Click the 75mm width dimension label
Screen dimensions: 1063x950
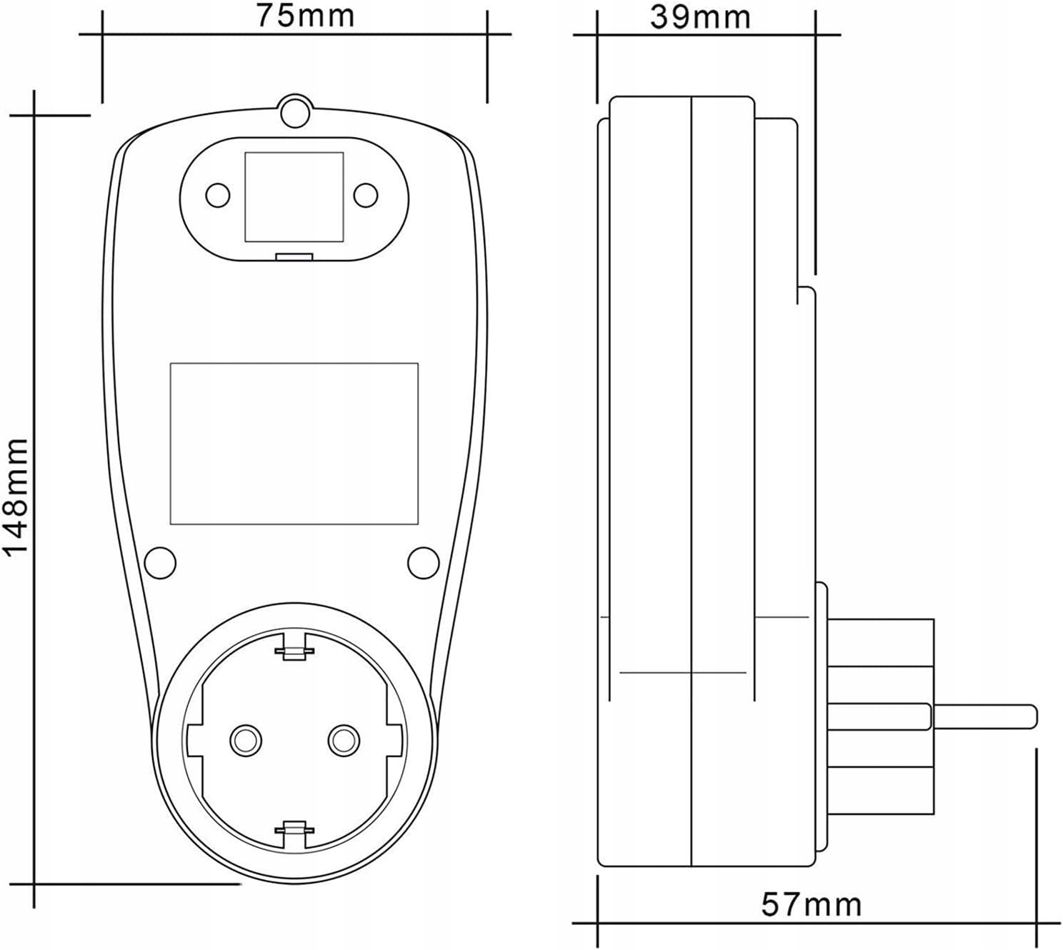coord(305,16)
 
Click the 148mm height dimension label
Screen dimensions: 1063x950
coord(15,496)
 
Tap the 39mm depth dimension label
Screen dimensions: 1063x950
coord(700,17)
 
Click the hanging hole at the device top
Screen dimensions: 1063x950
coord(295,111)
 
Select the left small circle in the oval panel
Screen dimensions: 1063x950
coord(218,196)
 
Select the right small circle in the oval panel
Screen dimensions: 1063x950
coord(366,196)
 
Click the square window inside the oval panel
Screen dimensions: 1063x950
coord(294,197)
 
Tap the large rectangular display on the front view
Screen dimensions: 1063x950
coord(294,444)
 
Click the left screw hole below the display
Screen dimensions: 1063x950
coord(160,563)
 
